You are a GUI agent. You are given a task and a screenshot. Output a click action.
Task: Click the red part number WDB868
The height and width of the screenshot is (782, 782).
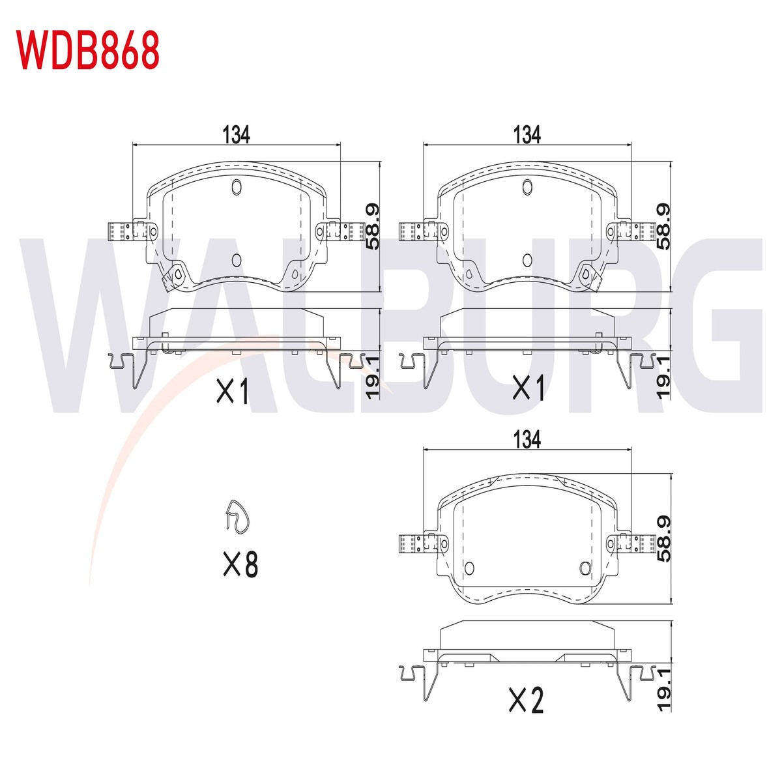(x=87, y=51)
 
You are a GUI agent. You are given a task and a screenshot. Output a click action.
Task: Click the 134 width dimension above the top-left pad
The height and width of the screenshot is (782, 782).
(x=236, y=134)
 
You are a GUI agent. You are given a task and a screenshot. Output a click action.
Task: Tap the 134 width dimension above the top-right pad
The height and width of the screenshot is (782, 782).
(x=527, y=134)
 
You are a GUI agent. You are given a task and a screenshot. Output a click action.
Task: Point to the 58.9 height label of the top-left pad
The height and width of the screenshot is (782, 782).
(x=372, y=226)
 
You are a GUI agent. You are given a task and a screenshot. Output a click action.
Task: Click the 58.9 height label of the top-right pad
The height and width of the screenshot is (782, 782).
(x=663, y=226)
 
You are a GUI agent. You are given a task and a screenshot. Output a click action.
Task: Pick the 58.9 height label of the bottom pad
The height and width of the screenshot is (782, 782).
(x=663, y=539)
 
